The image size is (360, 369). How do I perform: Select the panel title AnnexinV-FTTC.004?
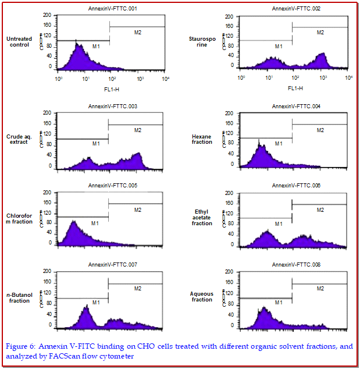(x=296, y=107)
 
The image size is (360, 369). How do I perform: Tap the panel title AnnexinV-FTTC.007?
(x=113, y=265)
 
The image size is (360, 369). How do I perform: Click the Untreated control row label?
(x=20, y=42)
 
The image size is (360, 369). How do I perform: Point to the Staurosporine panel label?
(x=202, y=42)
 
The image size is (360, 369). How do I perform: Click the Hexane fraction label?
(x=202, y=139)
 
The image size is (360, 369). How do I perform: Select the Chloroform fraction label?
(x=20, y=218)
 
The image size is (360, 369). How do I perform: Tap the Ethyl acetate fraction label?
(x=202, y=218)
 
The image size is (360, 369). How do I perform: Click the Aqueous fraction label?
(x=202, y=297)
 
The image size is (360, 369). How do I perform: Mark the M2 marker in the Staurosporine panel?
(x=320, y=33)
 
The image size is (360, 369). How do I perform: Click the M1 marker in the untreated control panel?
(x=96, y=46)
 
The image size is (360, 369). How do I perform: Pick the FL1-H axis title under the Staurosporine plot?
(x=295, y=88)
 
